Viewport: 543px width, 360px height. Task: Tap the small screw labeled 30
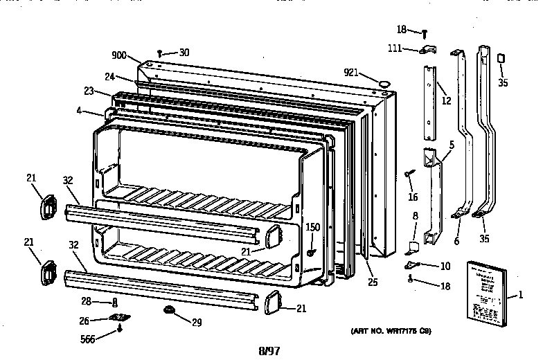(x=160, y=52)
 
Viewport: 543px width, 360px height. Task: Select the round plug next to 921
(x=382, y=84)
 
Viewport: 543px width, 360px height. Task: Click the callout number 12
(x=446, y=101)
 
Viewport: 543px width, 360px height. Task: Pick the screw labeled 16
(x=409, y=173)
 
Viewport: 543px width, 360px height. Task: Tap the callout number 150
(x=313, y=227)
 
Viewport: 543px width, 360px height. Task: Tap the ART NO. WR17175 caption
(x=391, y=330)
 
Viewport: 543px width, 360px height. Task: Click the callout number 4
(x=80, y=109)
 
